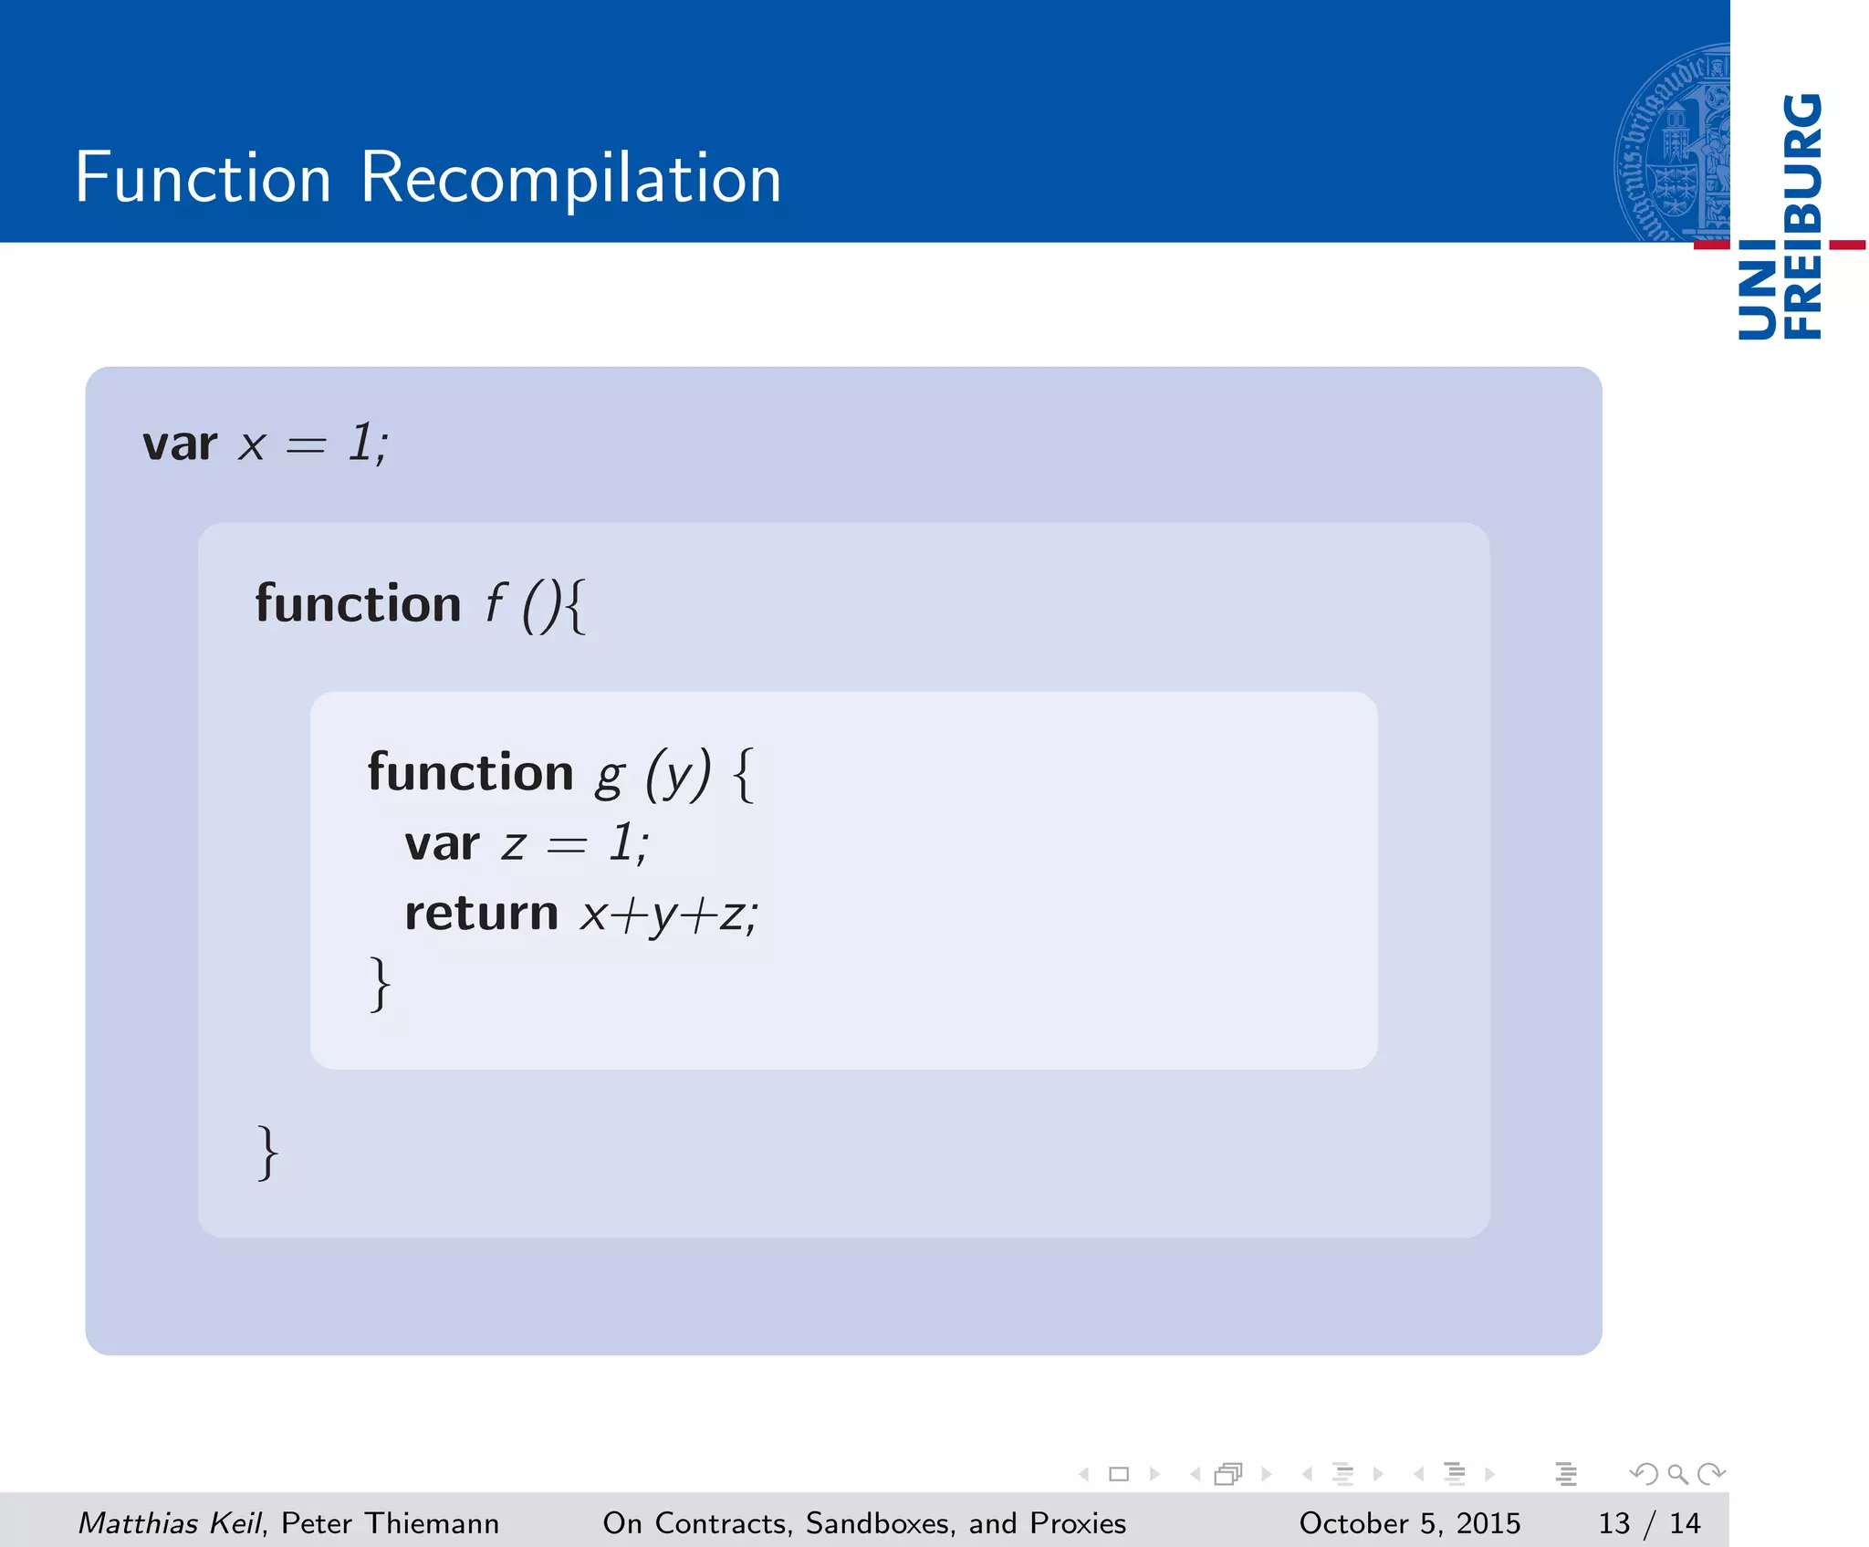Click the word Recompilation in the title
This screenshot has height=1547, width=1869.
tap(570, 178)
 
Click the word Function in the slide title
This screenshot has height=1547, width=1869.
tap(203, 178)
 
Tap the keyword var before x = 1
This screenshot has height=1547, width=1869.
tap(180, 445)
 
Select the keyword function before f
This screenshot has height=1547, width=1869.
tap(358, 604)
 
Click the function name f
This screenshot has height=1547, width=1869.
tap(494, 604)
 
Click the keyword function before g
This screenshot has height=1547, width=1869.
tap(470, 773)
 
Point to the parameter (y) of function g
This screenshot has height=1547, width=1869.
tap(677, 775)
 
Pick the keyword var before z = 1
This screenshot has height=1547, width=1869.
tap(442, 843)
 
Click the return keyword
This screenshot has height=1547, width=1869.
tap(481, 913)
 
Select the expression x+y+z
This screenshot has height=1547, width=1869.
tap(668, 915)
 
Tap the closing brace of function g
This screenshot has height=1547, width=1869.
tap(380, 984)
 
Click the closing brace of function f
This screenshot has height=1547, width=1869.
tap(267, 1153)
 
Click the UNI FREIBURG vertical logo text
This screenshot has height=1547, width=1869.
tap(1780, 217)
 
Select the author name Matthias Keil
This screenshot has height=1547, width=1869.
tap(170, 1523)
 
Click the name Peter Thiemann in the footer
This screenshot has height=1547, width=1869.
tap(390, 1523)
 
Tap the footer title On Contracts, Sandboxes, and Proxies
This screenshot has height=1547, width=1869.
tap(864, 1523)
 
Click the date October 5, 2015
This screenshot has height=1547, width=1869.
tap(1409, 1523)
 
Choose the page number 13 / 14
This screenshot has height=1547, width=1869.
tap(1648, 1523)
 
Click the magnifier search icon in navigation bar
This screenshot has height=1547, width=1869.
tap(1677, 1474)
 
